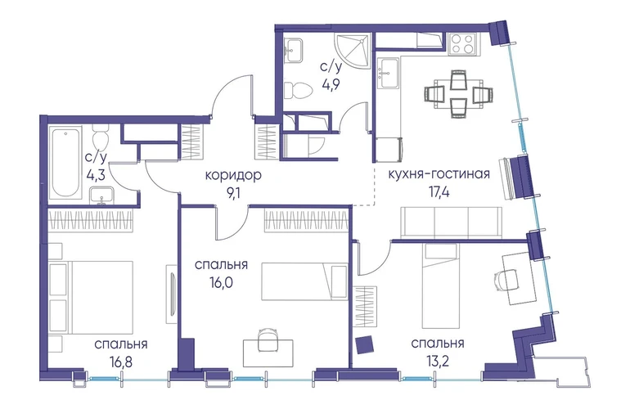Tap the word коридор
coord(233,176)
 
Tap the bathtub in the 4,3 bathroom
coord(65,163)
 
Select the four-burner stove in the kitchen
coord(461,43)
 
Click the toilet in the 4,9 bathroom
coord(298,91)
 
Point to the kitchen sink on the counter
coord(389,72)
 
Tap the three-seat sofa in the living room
coord(452,222)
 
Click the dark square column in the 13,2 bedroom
coord(365,344)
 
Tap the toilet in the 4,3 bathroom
coord(100,137)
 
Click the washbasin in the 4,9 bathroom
coord(293,50)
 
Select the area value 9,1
coord(234,193)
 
